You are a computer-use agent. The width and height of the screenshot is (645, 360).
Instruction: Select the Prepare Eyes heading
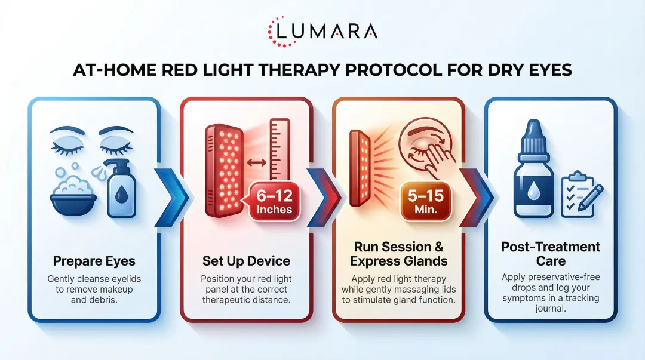[x=94, y=261]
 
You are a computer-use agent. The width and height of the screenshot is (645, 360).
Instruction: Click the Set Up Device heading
[x=245, y=261]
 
